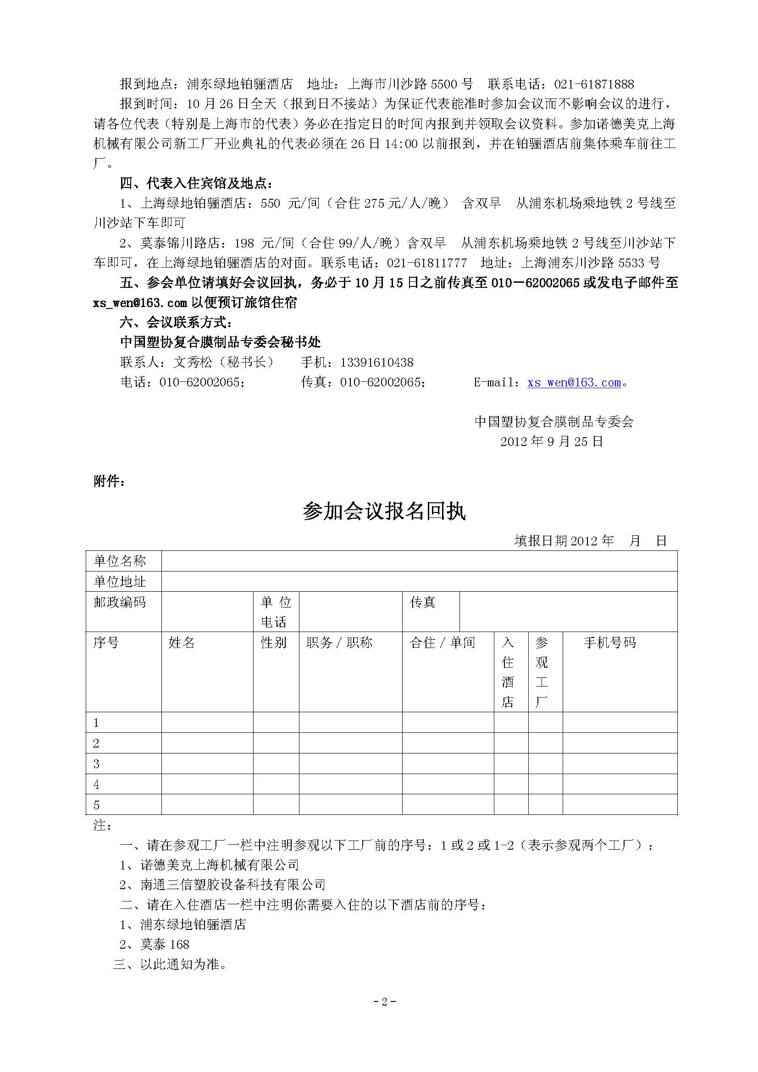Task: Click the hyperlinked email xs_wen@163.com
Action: coord(574,383)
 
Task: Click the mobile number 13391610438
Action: coord(377,363)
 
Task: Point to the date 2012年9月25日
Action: coord(552,442)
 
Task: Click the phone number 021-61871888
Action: coord(594,84)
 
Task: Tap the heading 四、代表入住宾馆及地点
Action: coord(197,183)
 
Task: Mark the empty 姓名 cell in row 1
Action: coord(207,723)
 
